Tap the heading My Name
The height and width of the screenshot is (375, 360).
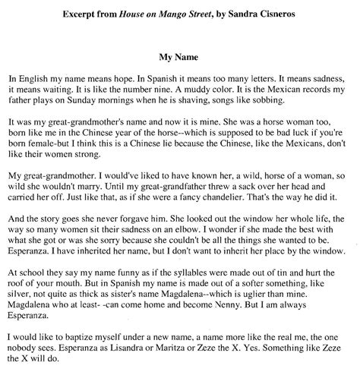pos(179,55)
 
